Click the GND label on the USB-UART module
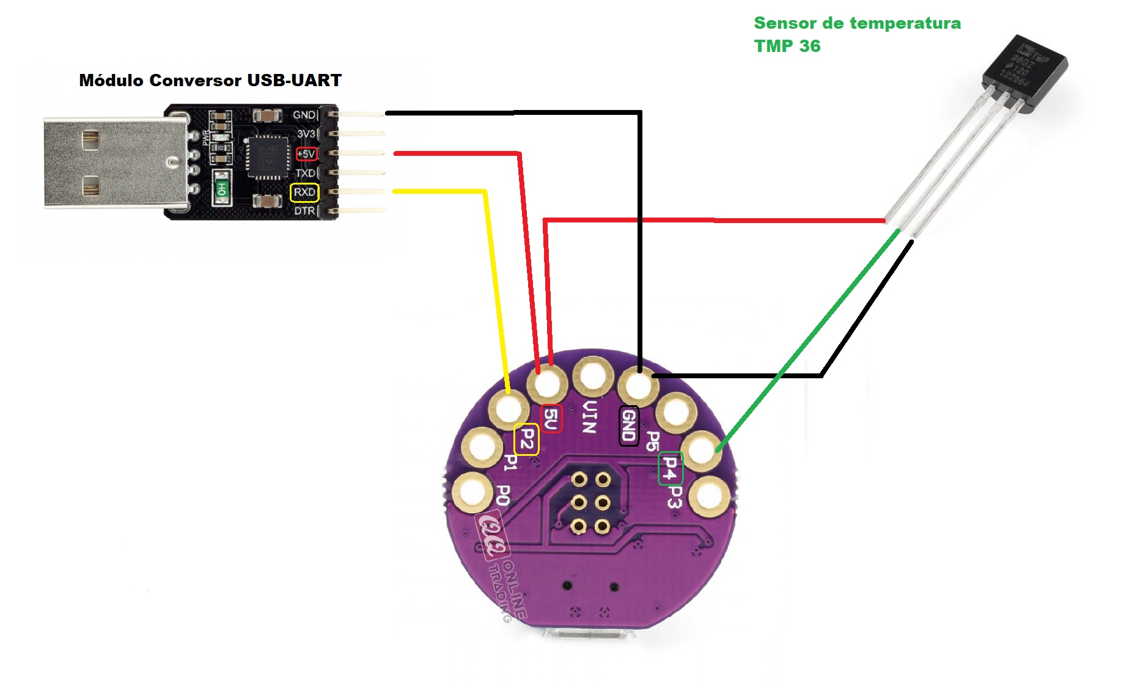point(304,115)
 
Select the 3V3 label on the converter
point(306,134)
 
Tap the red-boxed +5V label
point(306,154)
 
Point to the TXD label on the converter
point(305,173)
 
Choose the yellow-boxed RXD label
point(304,193)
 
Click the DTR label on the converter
point(304,211)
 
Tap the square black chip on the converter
point(267,157)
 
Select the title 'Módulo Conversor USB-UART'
point(210,81)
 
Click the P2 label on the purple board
point(526,439)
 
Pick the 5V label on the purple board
point(551,419)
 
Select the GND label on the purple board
point(629,426)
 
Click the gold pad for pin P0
point(472,492)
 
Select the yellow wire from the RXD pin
point(496,287)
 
